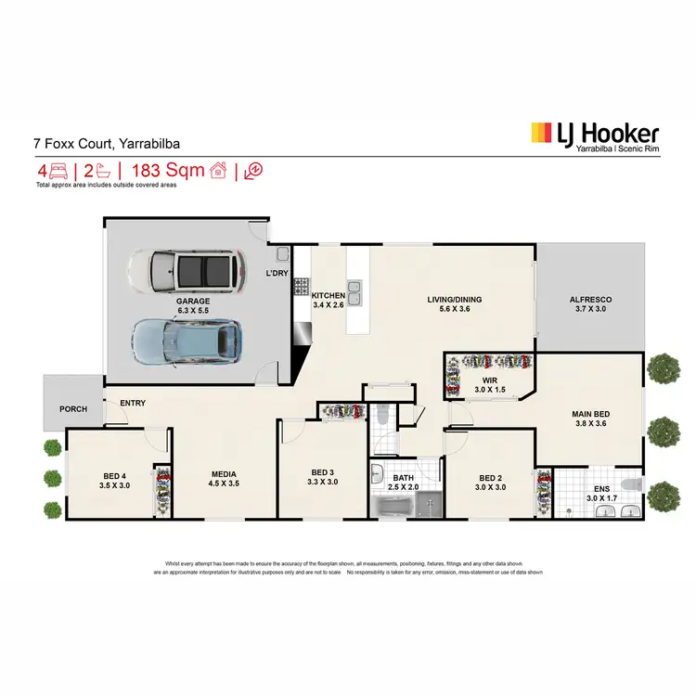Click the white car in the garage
(x=187, y=270)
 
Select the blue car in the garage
(x=187, y=340)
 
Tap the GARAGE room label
(x=194, y=302)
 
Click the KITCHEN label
(x=328, y=295)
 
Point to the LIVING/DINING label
(x=454, y=300)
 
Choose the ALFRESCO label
(x=589, y=300)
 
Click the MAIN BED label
(x=589, y=417)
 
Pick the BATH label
(x=403, y=478)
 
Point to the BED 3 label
(x=324, y=471)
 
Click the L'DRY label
(x=277, y=273)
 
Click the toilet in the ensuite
(x=631, y=484)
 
